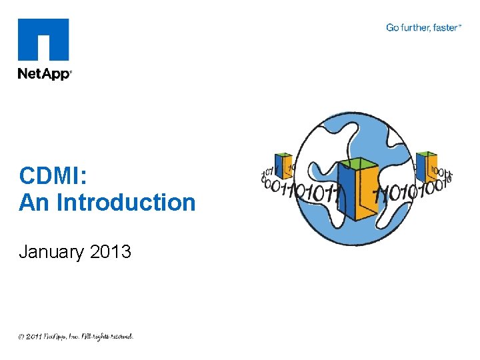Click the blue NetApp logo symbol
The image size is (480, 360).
point(43,40)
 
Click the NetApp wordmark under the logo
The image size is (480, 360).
point(44,74)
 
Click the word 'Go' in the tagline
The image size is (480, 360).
point(392,27)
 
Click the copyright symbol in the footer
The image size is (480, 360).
point(22,337)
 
